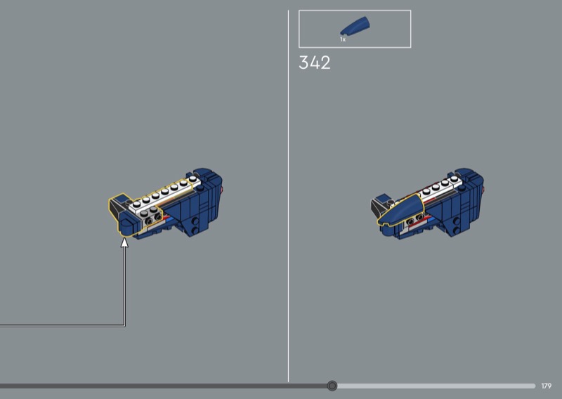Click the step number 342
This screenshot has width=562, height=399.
pyautogui.click(x=314, y=63)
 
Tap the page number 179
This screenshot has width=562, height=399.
pyautogui.click(x=547, y=386)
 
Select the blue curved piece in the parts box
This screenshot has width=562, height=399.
pyautogui.click(x=355, y=26)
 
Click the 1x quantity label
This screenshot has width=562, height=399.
pyautogui.click(x=343, y=39)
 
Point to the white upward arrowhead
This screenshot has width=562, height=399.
pyautogui.click(x=124, y=242)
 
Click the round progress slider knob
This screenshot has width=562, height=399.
pyautogui.click(x=332, y=386)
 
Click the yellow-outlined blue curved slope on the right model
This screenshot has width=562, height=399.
pyautogui.click(x=400, y=210)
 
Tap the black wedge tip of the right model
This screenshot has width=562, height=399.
pyautogui.click(x=377, y=207)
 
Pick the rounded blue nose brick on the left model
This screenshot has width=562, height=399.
pyautogui.click(x=127, y=226)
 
